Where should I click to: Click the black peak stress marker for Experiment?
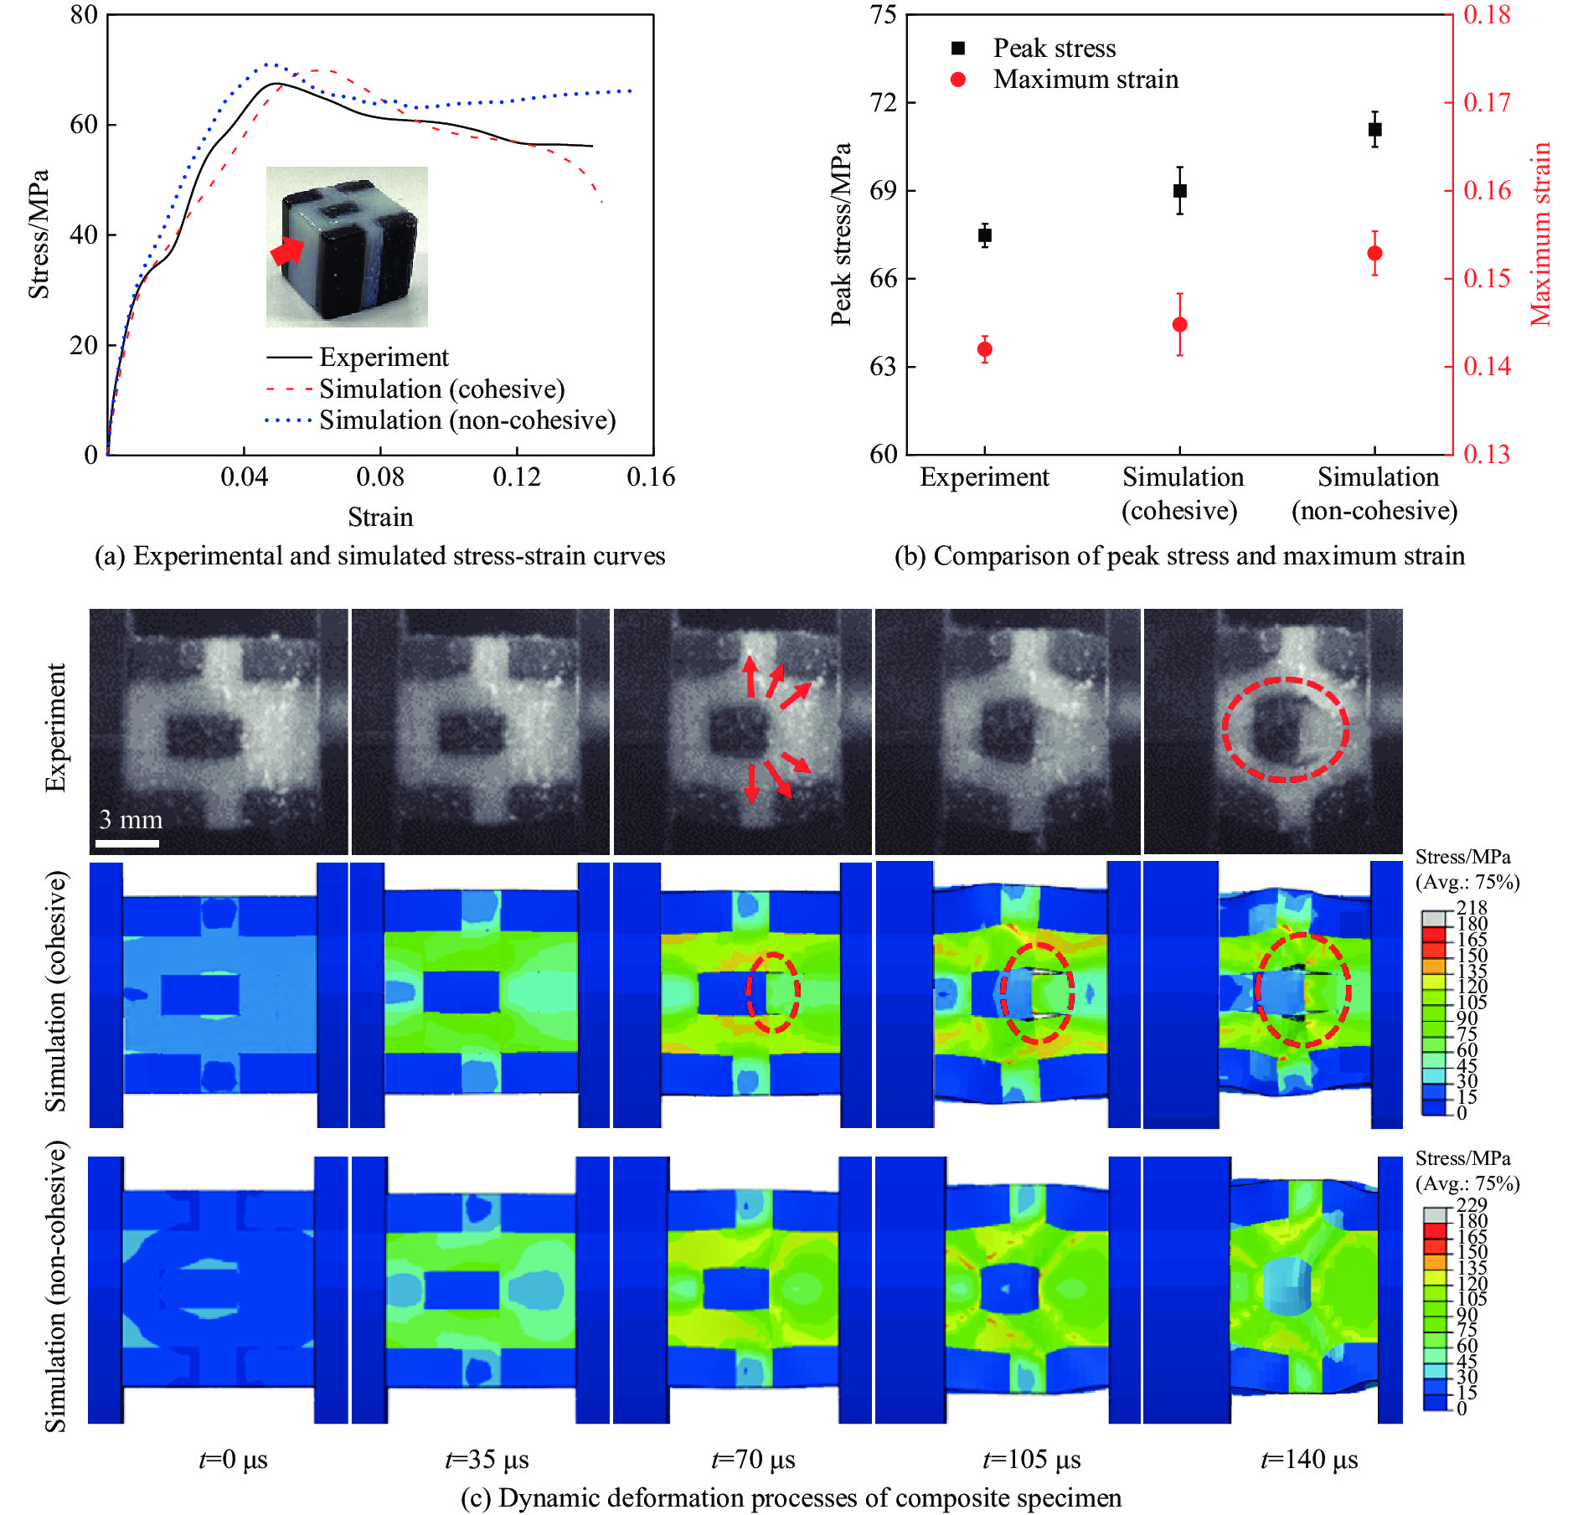point(985,235)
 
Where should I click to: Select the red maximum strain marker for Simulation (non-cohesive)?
point(1374,254)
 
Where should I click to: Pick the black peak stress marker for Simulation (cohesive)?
point(1179,191)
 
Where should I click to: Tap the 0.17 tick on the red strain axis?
point(1487,102)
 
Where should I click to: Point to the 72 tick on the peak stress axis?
point(883,102)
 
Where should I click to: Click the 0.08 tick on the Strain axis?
point(380,477)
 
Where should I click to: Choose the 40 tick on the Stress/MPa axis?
point(84,234)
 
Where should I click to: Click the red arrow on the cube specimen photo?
point(287,250)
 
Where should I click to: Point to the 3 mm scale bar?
point(127,843)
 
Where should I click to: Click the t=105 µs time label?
point(1032,1460)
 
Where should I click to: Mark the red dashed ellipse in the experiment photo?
point(1285,729)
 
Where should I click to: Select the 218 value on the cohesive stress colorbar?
point(1472,908)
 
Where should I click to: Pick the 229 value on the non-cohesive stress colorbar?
point(1472,1205)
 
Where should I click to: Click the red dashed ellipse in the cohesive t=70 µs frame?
point(773,992)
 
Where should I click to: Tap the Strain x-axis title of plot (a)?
point(380,518)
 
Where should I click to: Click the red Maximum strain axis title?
point(1540,234)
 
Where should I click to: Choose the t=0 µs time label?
point(234,1460)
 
